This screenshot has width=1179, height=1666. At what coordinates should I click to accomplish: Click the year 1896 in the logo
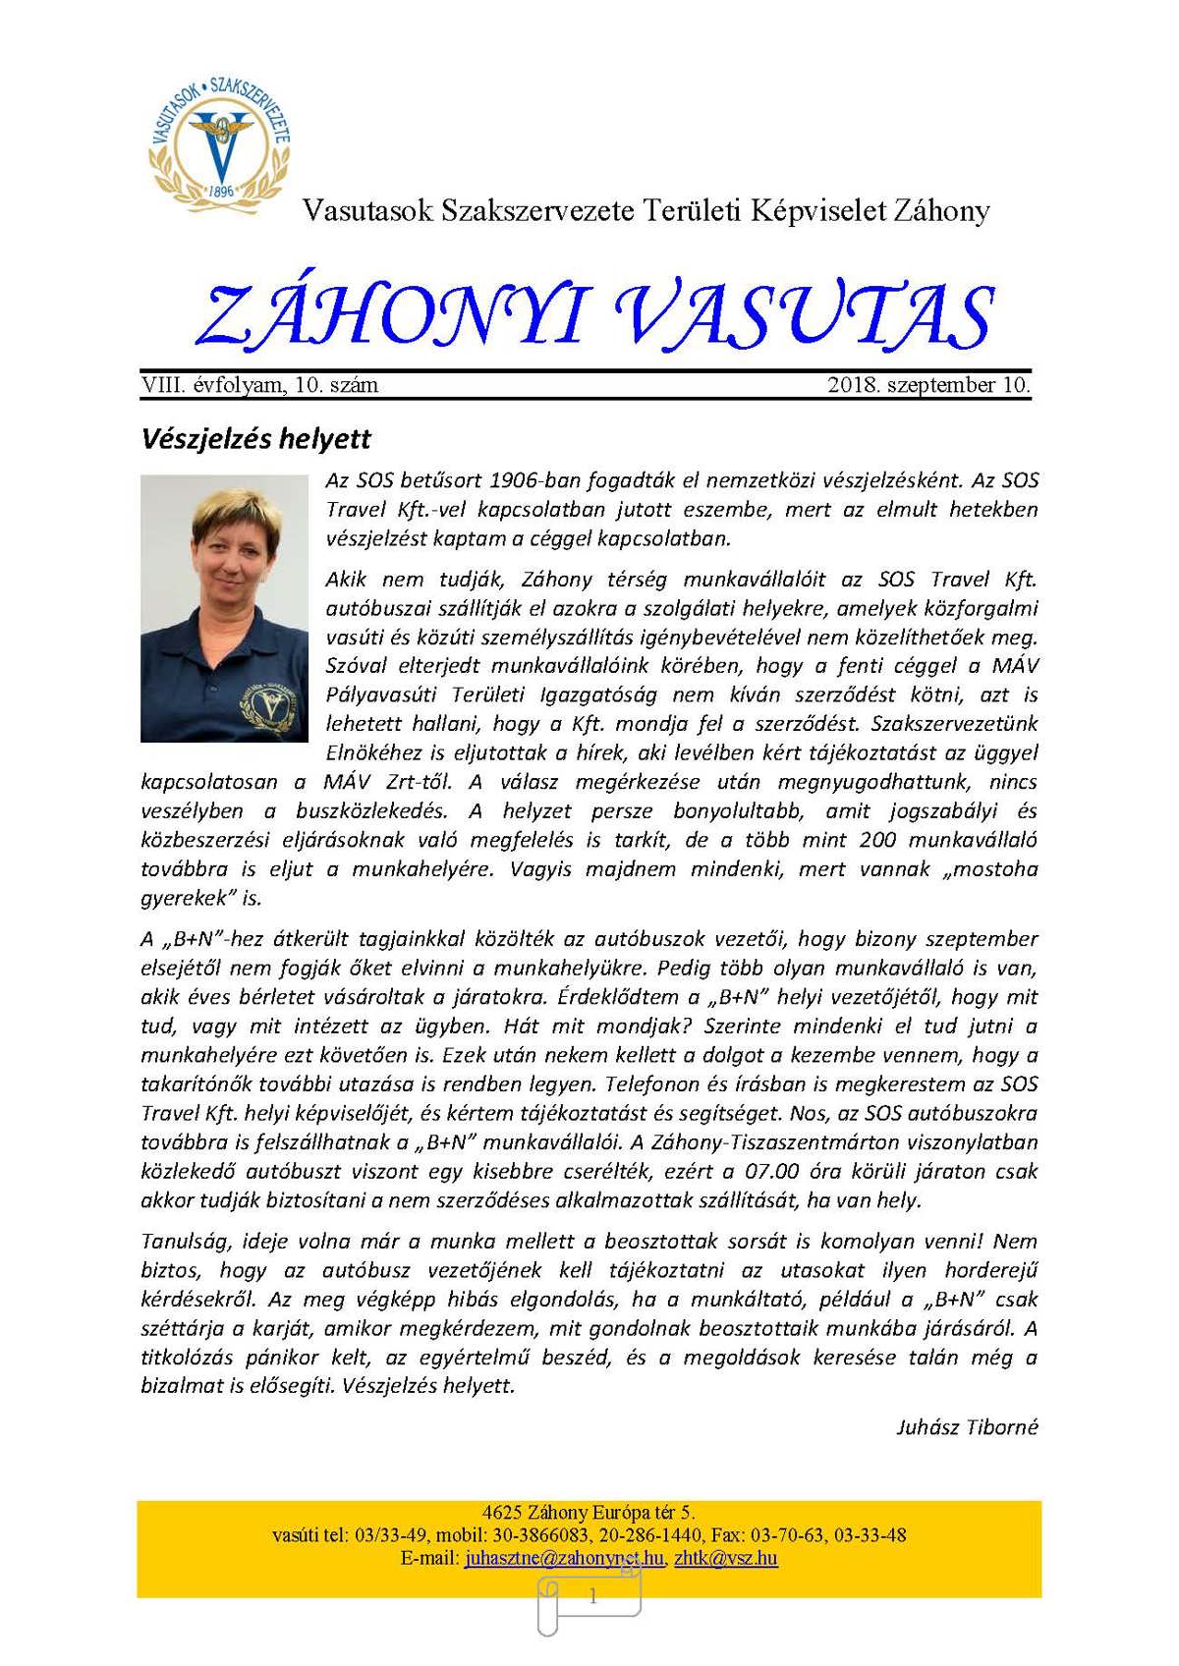tap(222, 191)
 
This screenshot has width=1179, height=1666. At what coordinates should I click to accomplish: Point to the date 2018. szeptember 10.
tap(928, 385)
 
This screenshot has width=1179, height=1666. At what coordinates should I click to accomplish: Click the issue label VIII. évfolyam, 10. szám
tap(259, 385)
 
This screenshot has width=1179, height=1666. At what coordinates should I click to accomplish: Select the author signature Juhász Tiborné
tap(967, 1426)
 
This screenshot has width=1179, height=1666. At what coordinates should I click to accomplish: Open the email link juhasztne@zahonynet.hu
tap(564, 1558)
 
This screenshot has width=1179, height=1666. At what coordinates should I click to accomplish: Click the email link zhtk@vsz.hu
tap(726, 1558)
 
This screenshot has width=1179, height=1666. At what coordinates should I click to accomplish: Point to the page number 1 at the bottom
tap(592, 1597)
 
